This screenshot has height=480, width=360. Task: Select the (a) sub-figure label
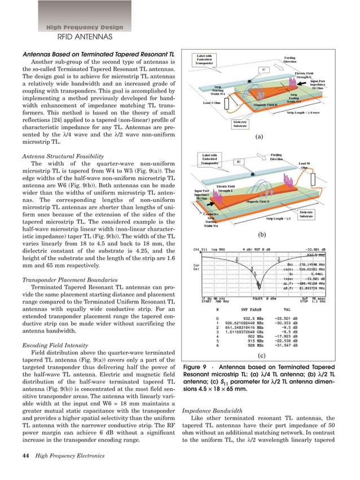click(260, 136)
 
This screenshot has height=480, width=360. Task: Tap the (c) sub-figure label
click(261, 356)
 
